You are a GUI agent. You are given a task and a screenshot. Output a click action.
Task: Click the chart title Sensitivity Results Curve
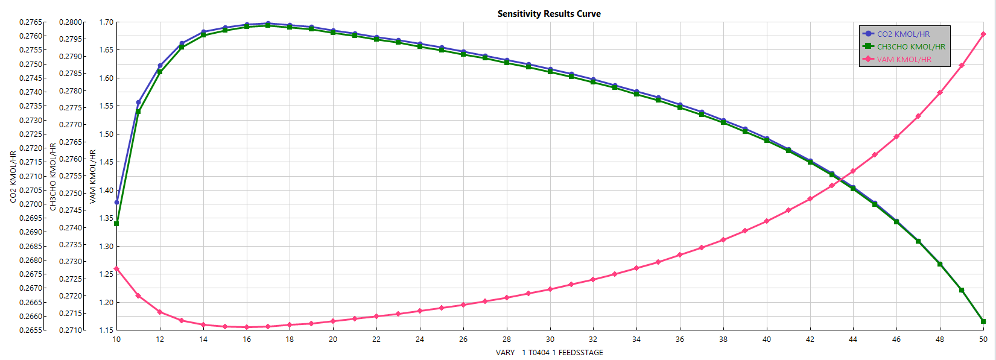click(549, 14)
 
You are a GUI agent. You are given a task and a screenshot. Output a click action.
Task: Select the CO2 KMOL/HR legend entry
click(903, 34)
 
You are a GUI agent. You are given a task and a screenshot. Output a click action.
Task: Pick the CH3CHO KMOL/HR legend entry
click(910, 47)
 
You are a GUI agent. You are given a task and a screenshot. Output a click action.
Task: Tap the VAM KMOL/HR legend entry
click(904, 60)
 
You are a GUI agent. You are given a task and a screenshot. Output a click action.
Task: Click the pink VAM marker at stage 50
click(983, 34)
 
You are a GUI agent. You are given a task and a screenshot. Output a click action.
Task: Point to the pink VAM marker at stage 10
click(116, 269)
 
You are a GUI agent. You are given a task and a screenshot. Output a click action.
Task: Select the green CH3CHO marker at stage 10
click(116, 224)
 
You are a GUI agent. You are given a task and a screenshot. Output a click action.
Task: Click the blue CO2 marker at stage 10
click(116, 202)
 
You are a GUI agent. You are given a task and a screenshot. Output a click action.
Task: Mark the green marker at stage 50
click(983, 321)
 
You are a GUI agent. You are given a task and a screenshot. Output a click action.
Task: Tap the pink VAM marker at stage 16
click(247, 327)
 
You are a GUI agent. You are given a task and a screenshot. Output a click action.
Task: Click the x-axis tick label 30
click(550, 339)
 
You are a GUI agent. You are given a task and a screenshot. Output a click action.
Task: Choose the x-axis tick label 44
click(853, 339)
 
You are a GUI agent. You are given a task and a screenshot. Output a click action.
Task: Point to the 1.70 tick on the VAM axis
click(106, 22)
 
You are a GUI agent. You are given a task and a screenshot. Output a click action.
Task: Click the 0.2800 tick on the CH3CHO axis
click(71, 22)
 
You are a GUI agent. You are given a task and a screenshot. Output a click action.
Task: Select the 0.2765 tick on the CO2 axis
click(31, 22)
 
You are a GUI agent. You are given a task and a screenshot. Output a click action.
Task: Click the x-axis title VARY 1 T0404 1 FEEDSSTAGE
click(549, 353)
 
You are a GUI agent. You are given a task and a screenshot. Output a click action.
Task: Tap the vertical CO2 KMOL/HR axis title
click(13, 177)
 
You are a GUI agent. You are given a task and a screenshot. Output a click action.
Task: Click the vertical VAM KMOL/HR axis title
click(93, 177)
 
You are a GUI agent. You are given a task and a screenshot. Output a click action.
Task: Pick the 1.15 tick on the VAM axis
click(106, 330)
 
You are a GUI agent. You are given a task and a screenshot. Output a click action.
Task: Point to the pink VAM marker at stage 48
click(940, 93)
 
